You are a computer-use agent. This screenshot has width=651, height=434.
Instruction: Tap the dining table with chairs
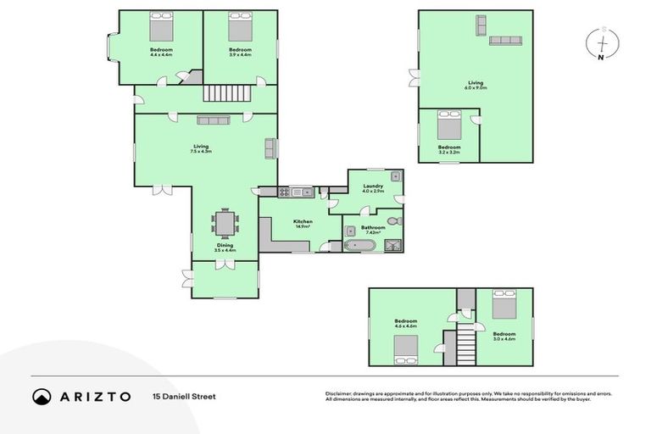click(225, 224)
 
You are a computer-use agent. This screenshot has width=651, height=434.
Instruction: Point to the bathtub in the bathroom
click(359, 246)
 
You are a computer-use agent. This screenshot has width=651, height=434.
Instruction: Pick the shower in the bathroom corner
click(393, 246)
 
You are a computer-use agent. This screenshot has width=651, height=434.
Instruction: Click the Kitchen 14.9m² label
click(303, 224)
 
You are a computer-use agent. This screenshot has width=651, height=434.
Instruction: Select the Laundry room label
click(373, 188)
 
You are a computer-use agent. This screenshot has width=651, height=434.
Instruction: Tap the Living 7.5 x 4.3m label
click(201, 148)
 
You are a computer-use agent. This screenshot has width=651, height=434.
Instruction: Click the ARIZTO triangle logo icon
click(42, 396)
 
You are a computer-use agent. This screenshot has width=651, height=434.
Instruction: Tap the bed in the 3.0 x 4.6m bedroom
click(503, 305)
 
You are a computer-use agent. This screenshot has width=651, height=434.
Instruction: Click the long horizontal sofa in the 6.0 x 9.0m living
click(507, 40)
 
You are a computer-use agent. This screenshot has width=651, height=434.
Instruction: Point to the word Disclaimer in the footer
click(339, 393)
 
